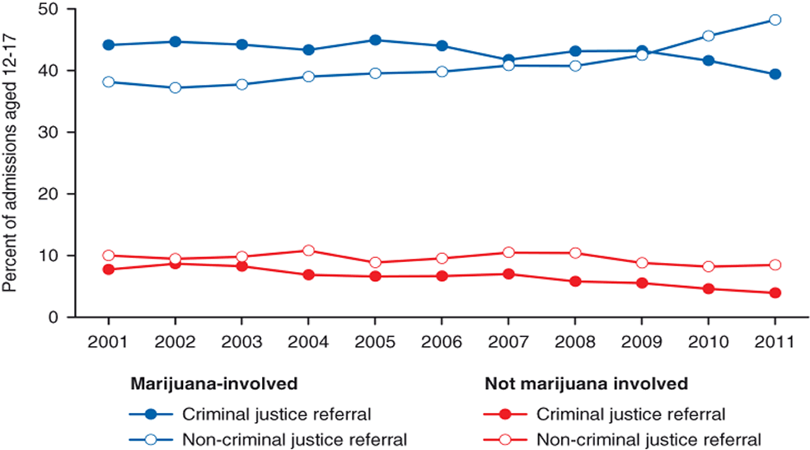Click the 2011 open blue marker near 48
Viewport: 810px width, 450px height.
[x=775, y=20]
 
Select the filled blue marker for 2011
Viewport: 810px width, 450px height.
[x=775, y=74]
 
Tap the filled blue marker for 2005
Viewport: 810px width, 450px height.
[x=375, y=40]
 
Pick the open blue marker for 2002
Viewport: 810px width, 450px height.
[x=175, y=87]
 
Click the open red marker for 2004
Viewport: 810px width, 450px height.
[x=308, y=251]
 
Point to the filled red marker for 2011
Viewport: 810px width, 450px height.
[x=775, y=293]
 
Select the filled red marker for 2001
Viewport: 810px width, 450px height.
[x=108, y=270]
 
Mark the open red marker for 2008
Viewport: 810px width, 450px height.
[x=575, y=253]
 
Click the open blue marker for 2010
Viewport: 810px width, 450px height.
[x=709, y=36]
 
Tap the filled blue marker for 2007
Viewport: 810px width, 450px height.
[x=508, y=60]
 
